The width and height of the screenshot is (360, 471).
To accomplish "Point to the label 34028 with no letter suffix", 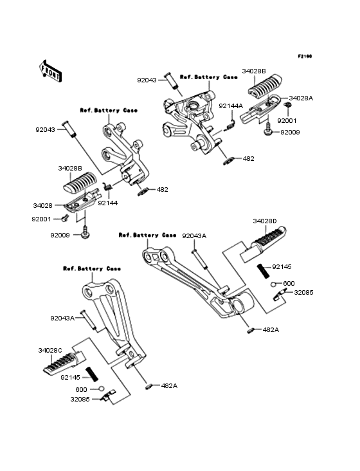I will (x=42, y=206).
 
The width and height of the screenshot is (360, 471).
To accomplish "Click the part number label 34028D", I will (x=264, y=221).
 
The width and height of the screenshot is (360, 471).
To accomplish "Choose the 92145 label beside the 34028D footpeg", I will (x=281, y=266).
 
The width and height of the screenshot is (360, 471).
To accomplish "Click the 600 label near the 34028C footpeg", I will (x=81, y=389).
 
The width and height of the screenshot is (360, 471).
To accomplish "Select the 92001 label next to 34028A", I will (x=287, y=120).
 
